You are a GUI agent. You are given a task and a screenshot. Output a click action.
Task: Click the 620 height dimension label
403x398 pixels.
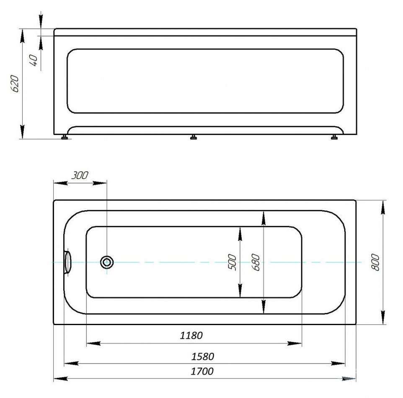15,84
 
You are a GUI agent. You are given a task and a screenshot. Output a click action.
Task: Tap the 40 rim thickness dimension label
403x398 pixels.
34,60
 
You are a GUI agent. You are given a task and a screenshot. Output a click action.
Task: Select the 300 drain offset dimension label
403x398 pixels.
80,176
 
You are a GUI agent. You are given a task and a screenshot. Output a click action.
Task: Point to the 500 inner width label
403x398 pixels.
232,262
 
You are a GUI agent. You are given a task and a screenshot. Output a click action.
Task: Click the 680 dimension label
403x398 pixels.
256,262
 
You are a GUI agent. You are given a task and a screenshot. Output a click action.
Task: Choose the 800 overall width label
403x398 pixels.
375,262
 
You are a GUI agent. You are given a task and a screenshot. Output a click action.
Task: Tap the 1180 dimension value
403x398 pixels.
191,336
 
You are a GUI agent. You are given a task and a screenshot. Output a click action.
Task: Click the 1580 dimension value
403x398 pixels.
202,357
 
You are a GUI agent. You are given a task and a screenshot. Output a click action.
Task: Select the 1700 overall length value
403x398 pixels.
202,371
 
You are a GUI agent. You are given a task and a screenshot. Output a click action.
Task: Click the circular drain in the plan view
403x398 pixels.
107,262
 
